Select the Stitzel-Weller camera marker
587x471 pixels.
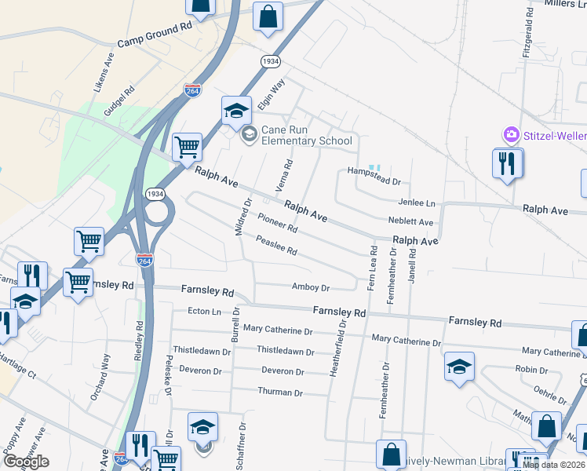tap(512, 135)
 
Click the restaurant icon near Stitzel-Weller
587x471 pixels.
tap(506, 163)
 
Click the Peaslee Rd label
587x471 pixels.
tap(276, 246)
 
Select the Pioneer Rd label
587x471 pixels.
tap(278, 223)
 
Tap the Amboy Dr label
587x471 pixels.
tap(311, 287)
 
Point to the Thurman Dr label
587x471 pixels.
tap(280, 391)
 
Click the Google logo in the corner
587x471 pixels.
tap(26, 462)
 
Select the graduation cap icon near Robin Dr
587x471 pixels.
tap(459, 367)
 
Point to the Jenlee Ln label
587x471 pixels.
tap(417, 203)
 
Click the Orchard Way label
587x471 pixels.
tap(101, 377)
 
